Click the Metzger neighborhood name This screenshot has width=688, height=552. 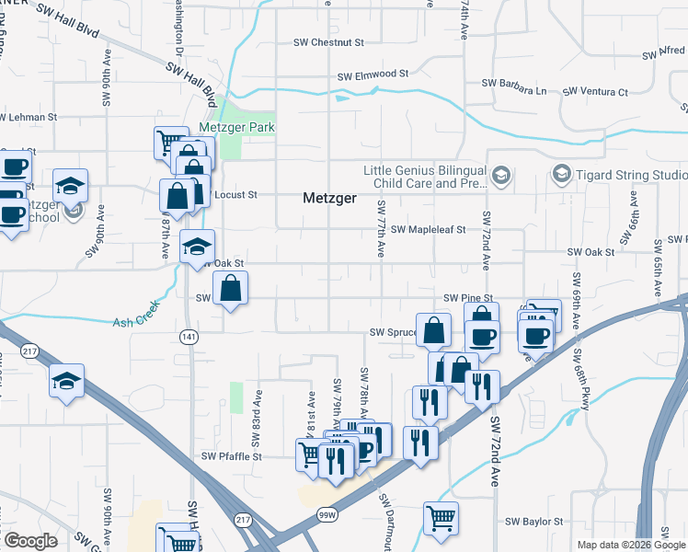coord(330,198)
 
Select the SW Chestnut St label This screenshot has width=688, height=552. coord(328,42)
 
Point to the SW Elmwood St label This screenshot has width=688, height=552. coord(373,75)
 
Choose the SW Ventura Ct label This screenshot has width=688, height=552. coord(595,92)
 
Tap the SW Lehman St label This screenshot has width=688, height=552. coord(29,118)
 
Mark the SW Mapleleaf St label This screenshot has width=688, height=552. coord(429,230)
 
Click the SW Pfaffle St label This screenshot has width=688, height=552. coord(232,456)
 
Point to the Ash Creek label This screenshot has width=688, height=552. coord(135,323)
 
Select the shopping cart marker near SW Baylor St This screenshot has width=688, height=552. coord(441,517)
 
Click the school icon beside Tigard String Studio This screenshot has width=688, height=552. coord(560,173)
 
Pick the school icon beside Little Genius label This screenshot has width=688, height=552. coord(500,175)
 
